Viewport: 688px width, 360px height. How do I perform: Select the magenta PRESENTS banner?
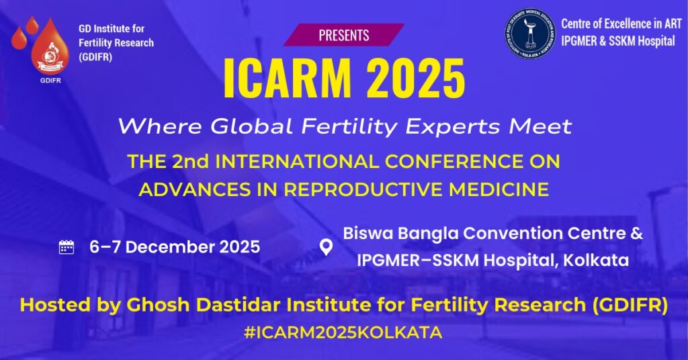coord(343,34)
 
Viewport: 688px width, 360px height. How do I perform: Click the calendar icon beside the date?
coord(67,247)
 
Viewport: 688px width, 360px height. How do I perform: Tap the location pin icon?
coord(326,247)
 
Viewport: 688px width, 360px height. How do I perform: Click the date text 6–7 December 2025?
coord(175,247)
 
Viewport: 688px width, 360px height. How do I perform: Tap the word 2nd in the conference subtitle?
coord(200,162)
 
